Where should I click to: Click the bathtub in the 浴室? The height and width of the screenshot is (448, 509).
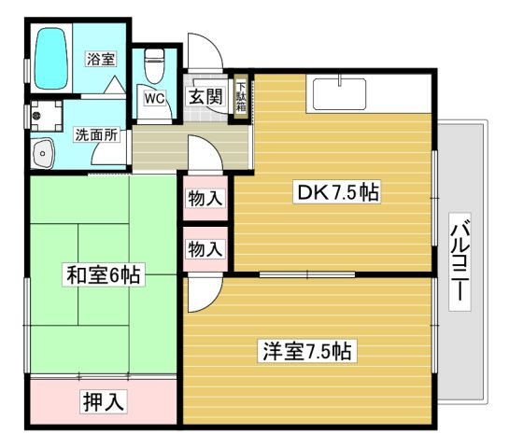tap(51, 59)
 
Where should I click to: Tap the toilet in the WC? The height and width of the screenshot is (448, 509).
tap(154, 66)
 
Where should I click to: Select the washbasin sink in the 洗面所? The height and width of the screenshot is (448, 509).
tap(42, 153)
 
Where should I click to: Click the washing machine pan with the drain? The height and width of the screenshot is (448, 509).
tap(46, 116)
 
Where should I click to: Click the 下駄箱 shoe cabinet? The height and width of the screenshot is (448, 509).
tap(241, 97)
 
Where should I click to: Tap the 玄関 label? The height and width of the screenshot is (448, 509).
tap(205, 97)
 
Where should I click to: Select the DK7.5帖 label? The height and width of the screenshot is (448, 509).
tap(337, 192)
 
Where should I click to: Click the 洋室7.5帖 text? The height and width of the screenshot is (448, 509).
tap(307, 351)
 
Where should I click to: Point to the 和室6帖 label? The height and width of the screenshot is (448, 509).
tap(103, 274)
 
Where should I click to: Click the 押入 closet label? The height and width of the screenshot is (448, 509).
tap(104, 401)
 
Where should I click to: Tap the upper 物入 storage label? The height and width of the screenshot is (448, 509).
tap(205, 198)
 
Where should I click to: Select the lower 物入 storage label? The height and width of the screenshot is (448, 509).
tap(205, 249)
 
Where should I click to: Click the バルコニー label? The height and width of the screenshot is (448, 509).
tap(460, 262)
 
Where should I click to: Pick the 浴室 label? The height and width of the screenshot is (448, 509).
tap(101, 59)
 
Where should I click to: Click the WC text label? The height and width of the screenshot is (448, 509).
tap(155, 98)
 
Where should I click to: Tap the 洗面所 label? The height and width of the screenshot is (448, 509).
tap(96, 134)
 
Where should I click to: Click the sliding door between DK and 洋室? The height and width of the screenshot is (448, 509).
tap(307, 275)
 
